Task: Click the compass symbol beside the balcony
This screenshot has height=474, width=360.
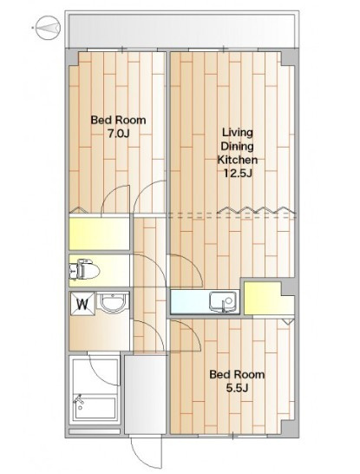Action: coord(48,28)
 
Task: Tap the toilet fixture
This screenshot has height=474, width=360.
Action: coord(84,269)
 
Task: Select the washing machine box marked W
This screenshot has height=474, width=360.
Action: coord(82,304)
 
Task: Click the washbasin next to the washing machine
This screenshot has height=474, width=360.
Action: coord(112,303)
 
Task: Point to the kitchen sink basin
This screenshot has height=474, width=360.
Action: coord(223,300)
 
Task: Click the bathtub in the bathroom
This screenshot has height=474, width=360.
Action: coord(95,407)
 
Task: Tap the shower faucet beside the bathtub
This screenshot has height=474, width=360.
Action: coord(79,399)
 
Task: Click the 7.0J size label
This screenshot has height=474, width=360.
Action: coord(119,134)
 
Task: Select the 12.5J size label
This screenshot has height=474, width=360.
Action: coord(238,174)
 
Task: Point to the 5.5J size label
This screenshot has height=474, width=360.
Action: coord(237,388)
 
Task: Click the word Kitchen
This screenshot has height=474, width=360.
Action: coord(238,160)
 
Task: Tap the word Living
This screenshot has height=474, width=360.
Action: coord(237,133)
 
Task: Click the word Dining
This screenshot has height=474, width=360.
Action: coord(237,147)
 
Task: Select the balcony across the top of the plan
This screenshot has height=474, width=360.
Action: coord(182,30)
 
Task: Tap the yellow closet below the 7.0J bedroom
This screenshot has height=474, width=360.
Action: coord(100,234)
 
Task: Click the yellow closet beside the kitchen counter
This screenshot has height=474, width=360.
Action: coord(268,298)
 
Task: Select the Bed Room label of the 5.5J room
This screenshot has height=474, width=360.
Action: coord(237,374)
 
